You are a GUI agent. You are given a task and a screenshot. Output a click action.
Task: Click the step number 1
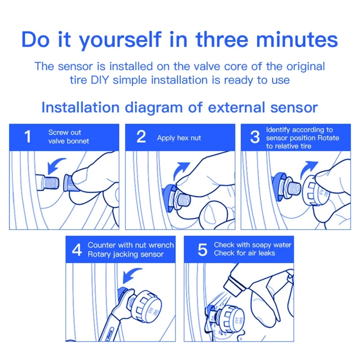pyautogui.click(x=27, y=137)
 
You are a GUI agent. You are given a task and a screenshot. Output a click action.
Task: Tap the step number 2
pyautogui.click(x=141, y=137)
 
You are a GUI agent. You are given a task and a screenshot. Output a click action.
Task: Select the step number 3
pyautogui.click(x=255, y=137)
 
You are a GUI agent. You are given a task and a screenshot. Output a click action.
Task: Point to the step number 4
pyautogui.click(x=77, y=250)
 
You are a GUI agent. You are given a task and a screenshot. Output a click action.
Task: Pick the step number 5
pyautogui.click(x=202, y=250)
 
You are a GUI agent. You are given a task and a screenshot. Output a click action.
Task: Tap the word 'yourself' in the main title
pyautogui.click(x=117, y=40)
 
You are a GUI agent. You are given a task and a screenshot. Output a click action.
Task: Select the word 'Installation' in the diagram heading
pyautogui.click(x=80, y=108)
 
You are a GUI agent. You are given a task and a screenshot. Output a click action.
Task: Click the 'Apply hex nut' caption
pyautogui.click(x=179, y=138)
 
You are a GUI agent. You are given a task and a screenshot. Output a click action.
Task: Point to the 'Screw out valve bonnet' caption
pyautogui.click(x=68, y=137)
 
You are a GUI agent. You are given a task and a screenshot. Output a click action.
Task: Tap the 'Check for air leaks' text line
pyautogui.click(x=244, y=253)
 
